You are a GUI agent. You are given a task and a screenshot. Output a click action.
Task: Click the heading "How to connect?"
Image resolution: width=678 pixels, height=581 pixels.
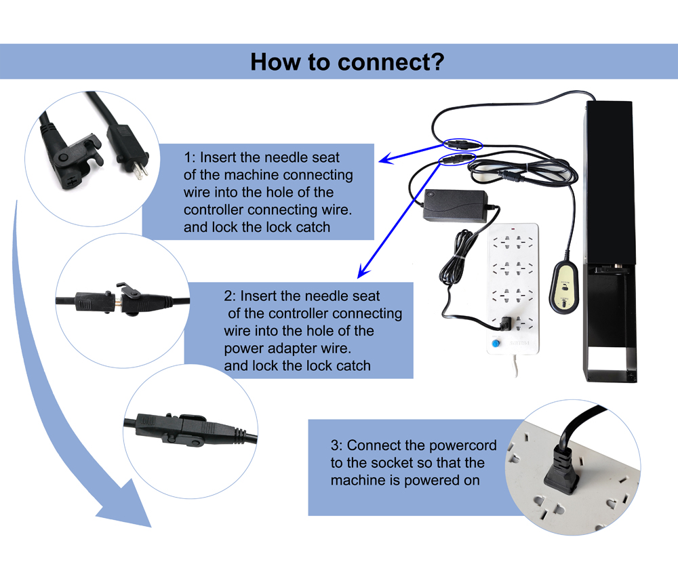(x=347, y=62)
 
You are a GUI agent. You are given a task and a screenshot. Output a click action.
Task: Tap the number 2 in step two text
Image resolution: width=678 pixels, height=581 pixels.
(x=228, y=296)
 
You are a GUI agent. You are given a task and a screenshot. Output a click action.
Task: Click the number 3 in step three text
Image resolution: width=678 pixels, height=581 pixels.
(x=335, y=446)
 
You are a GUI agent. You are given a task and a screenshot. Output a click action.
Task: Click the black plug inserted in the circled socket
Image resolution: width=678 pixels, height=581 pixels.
(x=561, y=468)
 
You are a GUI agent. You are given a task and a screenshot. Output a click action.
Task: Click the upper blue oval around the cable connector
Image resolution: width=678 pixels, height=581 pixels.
(x=460, y=144)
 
